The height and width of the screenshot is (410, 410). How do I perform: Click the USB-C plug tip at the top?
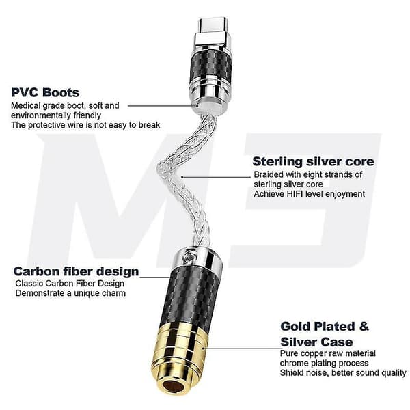coord(213,25)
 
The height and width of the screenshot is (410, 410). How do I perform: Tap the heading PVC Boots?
coord(45,92)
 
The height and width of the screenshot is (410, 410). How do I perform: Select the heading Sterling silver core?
coord(313,161)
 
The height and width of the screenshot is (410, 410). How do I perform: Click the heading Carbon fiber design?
coord(76,272)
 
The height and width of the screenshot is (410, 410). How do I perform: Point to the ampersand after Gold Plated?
coord(364,327)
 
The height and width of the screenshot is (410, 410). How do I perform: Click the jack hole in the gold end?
coord(173,386)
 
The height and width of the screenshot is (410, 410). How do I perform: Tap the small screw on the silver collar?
coord(189,256)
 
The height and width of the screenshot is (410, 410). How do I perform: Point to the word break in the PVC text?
coord(149,125)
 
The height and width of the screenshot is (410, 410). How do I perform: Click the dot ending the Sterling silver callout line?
coord(182,177)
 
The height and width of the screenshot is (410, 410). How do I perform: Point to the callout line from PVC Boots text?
coord(163,106)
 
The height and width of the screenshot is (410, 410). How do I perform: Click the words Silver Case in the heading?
coord(316,342)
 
